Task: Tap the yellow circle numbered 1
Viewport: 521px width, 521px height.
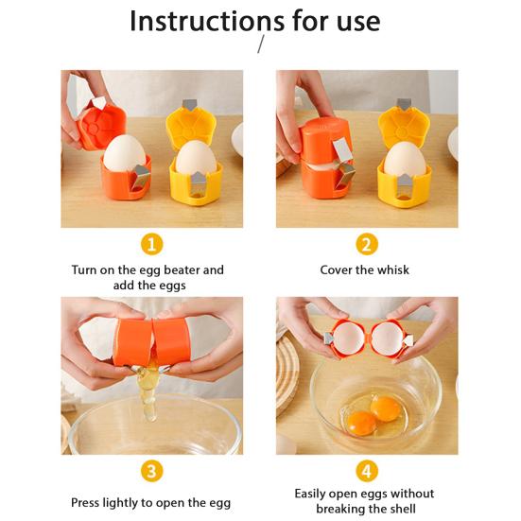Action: tap(151, 244)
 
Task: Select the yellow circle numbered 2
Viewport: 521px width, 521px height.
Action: tap(367, 244)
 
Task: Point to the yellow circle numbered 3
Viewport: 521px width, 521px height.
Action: tap(151, 471)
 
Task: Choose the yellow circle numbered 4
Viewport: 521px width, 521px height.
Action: tap(367, 471)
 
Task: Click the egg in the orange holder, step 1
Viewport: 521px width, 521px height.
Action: tap(124, 154)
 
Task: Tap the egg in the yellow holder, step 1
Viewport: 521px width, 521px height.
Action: tap(195, 158)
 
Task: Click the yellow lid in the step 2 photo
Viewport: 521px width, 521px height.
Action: tap(404, 125)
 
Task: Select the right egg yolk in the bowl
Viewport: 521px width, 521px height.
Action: tap(386, 408)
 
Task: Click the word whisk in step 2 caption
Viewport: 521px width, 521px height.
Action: tap(391, 270)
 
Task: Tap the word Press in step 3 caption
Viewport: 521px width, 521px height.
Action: tap(89, 503)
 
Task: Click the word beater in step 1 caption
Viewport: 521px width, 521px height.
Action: tap(176, 270)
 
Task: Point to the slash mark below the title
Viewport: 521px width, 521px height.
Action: tap(260, 45)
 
